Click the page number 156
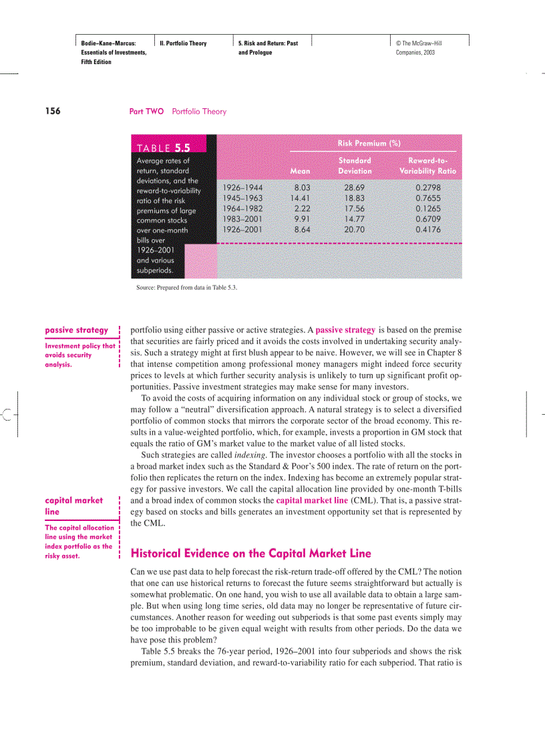tap(52, 112)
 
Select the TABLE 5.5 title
tap(163, 148)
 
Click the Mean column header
tap(300, 171)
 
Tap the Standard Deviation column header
tap(355, 166)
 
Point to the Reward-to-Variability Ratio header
tap(427, 166)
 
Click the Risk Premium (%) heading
tap(369, 144)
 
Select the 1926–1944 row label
tap(242, 188)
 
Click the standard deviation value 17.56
tap(355, 208)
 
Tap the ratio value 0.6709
tap(427, 219)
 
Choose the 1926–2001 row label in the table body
tap(242, 229)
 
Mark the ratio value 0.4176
tap(427, 229)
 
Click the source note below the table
tap(186, 288)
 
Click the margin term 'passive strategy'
tap(76, 330)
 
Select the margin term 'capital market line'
tap(73, 506)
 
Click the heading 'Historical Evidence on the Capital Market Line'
tap(250, 553)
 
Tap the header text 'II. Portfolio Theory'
tap(184, 43)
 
